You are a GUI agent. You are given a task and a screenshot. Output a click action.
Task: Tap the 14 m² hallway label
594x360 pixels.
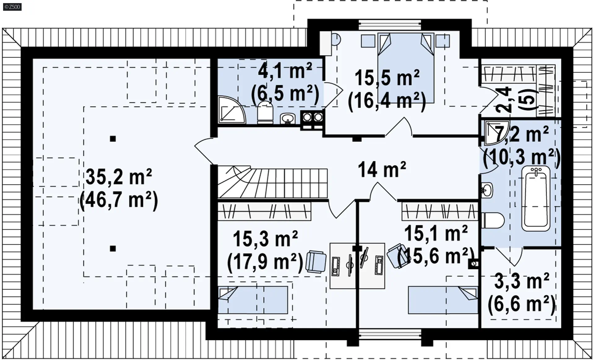point(382,169)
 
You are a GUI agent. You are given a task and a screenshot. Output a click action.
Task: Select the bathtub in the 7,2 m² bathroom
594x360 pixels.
point(536,199)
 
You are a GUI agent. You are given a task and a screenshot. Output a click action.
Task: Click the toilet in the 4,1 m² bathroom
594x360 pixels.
point(265,112)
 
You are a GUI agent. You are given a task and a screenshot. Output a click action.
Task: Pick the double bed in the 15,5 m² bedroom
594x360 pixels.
point(406,68)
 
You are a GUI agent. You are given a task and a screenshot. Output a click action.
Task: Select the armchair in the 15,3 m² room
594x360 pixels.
point(316,262)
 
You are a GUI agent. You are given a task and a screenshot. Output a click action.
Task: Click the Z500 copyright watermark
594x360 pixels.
point(12,7)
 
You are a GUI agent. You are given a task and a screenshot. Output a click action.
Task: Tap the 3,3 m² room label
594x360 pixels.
point(522,281)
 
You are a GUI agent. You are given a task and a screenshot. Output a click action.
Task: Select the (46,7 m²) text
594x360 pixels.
point(119,200)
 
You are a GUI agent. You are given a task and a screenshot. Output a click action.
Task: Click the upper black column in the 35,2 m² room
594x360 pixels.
point(113,139)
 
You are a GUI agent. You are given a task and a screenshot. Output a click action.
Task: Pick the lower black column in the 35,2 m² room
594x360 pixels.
point(113,248)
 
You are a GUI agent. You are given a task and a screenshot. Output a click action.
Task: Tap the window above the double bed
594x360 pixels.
point(390,24)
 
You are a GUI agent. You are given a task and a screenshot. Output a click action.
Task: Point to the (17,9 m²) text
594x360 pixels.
point(265,262)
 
